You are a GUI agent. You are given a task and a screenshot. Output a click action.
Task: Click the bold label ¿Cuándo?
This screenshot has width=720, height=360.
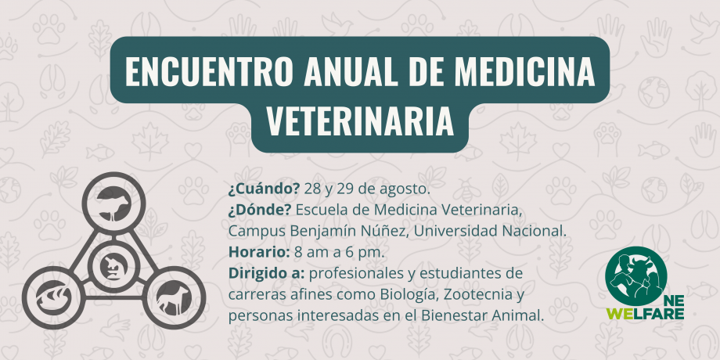[264, 189]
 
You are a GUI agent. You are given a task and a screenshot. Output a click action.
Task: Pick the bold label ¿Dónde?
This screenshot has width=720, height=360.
[260, 211]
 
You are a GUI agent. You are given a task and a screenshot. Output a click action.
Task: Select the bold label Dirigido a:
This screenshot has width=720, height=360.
[266, 274]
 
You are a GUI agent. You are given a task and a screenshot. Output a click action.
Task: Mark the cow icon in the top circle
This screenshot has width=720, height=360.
[113, 204]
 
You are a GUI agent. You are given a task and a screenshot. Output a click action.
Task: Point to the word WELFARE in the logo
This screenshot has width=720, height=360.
[645, 314]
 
